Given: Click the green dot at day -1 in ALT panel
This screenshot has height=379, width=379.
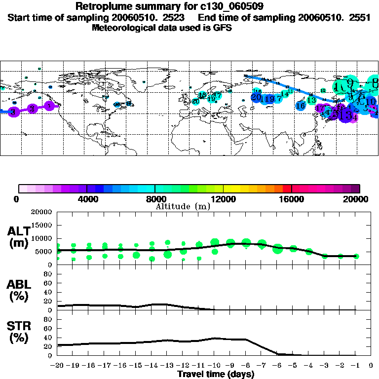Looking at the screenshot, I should tap(356, 256).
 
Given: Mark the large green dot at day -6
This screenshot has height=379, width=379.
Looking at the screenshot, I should tap(277, 249).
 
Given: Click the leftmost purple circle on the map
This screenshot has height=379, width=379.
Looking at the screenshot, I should tap(14, 112).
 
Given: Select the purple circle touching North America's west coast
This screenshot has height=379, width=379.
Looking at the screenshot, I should tap(49, 106).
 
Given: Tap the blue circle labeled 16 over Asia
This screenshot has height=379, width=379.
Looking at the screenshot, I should tap(301, 106).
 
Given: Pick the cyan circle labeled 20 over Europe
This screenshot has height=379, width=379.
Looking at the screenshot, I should tap(195, 102).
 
